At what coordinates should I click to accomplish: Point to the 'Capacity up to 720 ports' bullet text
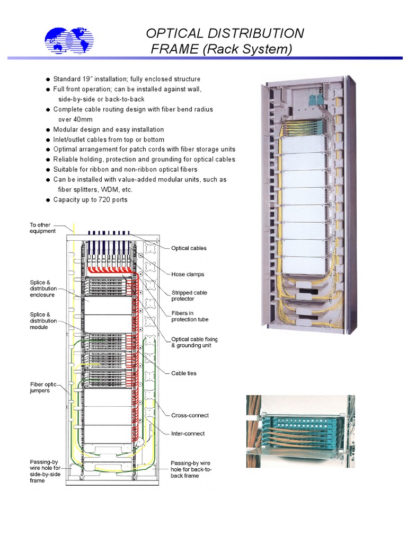pos(90,200)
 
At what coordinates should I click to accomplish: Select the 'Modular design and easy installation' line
pos(109,129)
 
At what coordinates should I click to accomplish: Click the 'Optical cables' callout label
pos(189,248)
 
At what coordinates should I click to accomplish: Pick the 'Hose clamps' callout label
pos(188,275)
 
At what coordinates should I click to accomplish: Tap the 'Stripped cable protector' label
pos(189,296)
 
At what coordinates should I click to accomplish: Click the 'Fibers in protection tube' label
pos(190,316)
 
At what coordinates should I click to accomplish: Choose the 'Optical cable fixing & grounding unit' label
pos(194,343)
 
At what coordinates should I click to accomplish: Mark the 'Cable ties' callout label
pos(184,373)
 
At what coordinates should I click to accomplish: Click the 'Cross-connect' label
pos(190,415)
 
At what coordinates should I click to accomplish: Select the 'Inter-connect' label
pos(188,434)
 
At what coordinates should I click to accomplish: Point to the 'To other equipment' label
pos(42,228)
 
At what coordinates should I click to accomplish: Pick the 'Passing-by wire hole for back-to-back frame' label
pos(191,469)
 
